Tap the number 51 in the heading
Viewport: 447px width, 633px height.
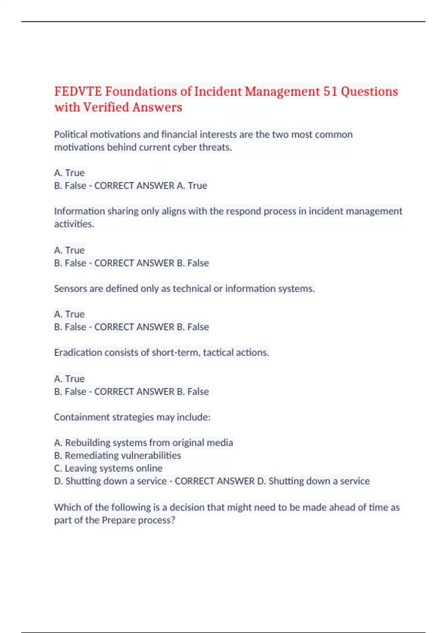330,92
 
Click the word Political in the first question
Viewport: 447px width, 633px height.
71,134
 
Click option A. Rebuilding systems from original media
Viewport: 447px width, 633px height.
143,443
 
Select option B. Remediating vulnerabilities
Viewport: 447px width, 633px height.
117,455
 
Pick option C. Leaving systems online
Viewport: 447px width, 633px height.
108,468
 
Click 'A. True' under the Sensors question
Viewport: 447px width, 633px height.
69,314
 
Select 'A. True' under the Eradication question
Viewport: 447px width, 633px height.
69,379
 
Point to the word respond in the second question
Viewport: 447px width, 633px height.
243,211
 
